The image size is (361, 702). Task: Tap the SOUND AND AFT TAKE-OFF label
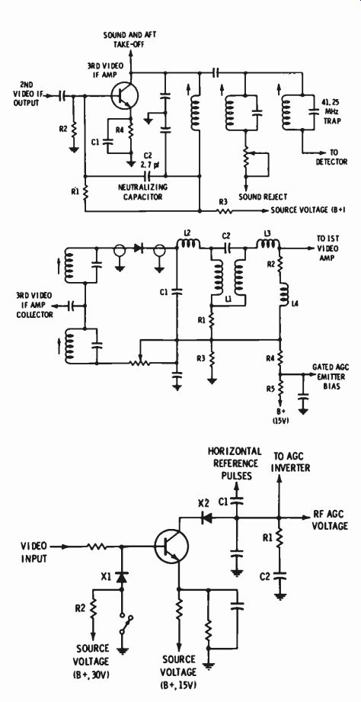coord(130,40)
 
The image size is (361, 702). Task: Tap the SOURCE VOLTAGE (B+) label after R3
coord(307,210)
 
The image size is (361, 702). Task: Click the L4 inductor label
coord(294,303)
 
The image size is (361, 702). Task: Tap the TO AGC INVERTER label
coord(292,463)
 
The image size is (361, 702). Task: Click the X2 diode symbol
coord(206,518)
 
